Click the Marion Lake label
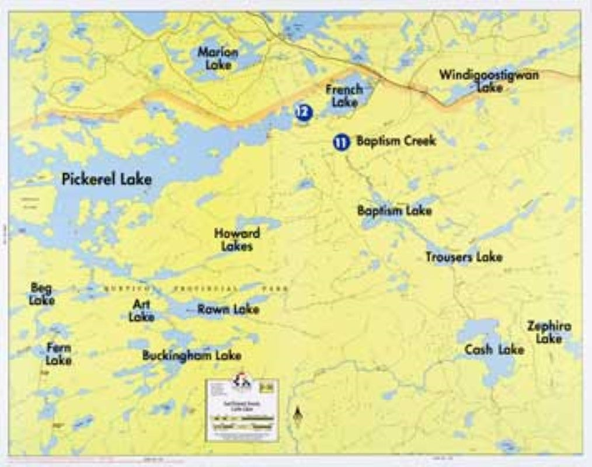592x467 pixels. (x=218, y=58)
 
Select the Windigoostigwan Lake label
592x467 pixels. (x=489, y=81)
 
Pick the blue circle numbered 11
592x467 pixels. (x=341, y=142)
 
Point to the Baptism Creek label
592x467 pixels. (x=396, y=141)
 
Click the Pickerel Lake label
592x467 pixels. (x=106, y=179)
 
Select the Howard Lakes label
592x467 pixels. (x=236, y=240)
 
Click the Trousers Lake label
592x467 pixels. (x=464, y=257)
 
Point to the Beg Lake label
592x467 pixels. (x=41, y=294)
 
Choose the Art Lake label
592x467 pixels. (x=141, y=311)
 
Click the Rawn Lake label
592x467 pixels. (x=228, y=309)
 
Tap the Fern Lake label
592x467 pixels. (x=59, y=354)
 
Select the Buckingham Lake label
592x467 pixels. (x=191, y=355)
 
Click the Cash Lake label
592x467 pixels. (x=494, y=350)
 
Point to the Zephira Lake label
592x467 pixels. (x=549, y=332)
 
